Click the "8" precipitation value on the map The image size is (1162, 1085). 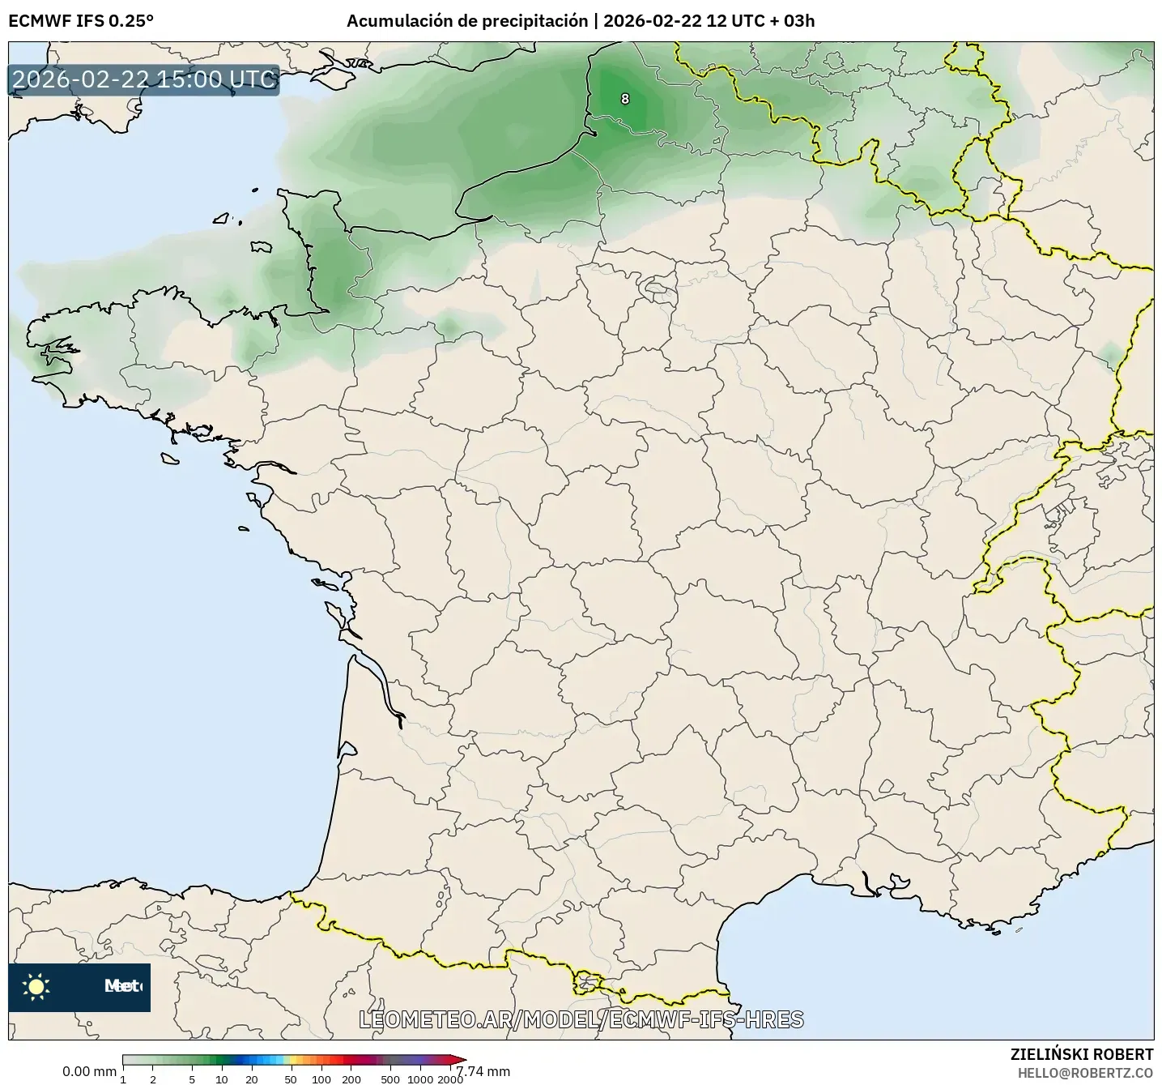624,99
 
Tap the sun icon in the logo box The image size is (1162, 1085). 36,986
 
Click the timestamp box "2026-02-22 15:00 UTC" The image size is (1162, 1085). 144,79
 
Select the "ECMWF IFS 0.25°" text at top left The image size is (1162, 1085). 80,21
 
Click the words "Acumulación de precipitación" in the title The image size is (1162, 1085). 467,21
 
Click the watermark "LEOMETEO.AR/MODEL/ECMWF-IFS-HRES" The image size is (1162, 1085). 581,1019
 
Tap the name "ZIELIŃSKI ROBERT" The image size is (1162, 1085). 1082,1054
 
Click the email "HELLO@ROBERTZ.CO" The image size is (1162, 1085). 1085,1072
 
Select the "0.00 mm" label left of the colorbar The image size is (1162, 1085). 89,1071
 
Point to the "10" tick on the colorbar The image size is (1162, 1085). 222,1079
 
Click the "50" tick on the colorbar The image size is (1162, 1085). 291,1079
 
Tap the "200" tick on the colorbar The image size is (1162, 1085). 351,1079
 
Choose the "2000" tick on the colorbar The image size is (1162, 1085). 450,1079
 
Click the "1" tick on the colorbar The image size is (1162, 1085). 123,1079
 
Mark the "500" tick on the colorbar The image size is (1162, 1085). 391,1079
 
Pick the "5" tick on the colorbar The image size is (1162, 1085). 192,1079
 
